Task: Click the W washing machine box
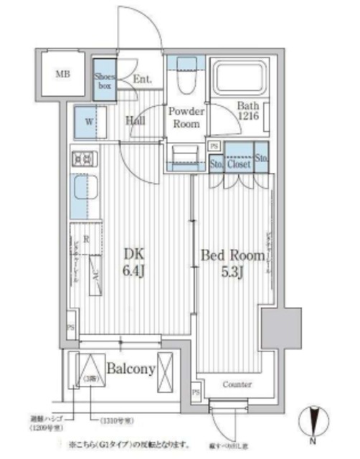click(88, 122)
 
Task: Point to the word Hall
click(136, 121)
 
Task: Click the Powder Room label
click(186, 118)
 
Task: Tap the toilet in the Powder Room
click(184, 86)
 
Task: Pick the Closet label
click(239, 164)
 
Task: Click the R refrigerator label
click(86, 240)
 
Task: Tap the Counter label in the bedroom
click(236, 385)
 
